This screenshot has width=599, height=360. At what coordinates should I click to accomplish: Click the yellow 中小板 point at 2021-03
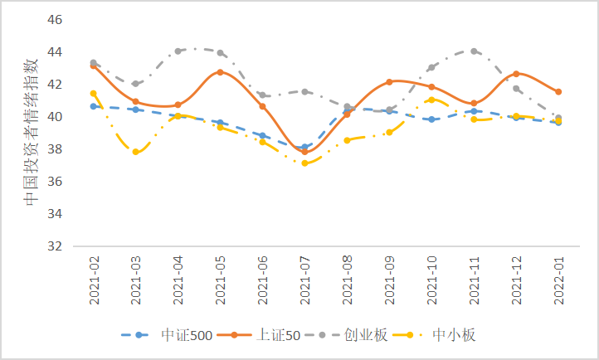136,152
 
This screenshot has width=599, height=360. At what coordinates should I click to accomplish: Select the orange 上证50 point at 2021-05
221,72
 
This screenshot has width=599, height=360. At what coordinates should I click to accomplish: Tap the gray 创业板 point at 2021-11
474,51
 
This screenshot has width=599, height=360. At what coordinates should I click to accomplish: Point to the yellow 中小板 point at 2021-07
305,163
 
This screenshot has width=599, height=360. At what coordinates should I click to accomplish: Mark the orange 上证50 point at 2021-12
516,74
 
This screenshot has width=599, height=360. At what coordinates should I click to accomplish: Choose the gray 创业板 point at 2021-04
178,51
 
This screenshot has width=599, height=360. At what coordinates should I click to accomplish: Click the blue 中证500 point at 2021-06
263,135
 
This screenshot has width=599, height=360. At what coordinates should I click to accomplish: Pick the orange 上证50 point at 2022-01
558,92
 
